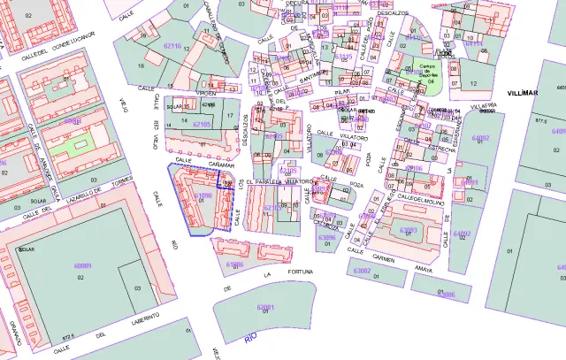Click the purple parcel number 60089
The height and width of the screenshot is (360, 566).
(x=83, y=266)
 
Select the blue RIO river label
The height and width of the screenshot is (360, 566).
(x=251, y=336)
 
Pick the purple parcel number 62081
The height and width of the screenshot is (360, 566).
(x=265, y=307)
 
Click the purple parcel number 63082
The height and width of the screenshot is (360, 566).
(x=363, y=270)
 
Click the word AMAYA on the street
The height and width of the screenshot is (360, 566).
(x=424, y=267)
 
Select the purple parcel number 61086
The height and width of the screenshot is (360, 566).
(x=234, y=264)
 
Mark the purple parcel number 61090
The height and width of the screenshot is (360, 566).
(x=203, y=195)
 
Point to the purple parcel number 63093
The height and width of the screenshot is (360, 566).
(x=409, y=230)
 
